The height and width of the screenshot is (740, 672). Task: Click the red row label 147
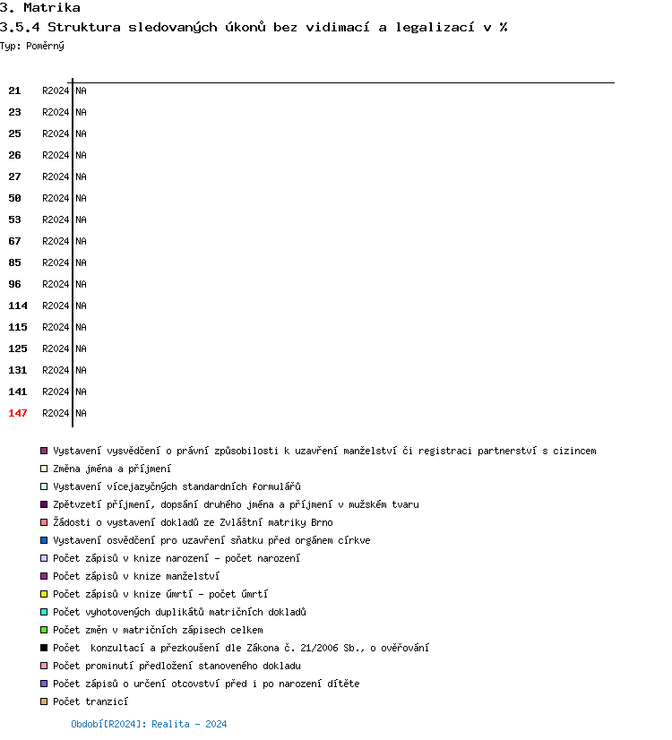[18, 413]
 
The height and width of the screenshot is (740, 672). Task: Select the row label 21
[14, 90]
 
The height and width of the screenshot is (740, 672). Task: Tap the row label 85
[14, 262]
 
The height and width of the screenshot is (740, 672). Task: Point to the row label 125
[18, 348]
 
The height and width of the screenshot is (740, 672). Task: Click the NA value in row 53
[81, 219]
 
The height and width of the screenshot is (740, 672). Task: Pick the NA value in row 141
[81, 392]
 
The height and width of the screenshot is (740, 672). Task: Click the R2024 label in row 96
[56, 284]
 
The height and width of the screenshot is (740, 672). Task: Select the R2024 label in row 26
[56, 155]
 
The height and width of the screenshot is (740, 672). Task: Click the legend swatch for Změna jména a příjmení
[44, 469]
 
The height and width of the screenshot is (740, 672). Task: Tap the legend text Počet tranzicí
[90, 701]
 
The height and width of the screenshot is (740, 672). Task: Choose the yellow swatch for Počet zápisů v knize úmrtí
[44, 594]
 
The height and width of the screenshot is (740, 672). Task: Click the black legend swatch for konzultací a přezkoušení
[44, 648]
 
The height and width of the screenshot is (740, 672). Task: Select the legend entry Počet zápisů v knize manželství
[135, 576]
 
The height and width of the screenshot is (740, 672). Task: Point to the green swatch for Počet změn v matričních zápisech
[44, 630]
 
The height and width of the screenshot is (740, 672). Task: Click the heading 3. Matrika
[40, 8]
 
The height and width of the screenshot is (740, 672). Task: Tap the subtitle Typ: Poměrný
[32, 46]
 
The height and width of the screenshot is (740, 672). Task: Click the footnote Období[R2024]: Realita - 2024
[149, 724]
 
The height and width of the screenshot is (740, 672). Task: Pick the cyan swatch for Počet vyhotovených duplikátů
[44, 612]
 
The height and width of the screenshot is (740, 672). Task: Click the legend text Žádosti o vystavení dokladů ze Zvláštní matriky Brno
[193, 522]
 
